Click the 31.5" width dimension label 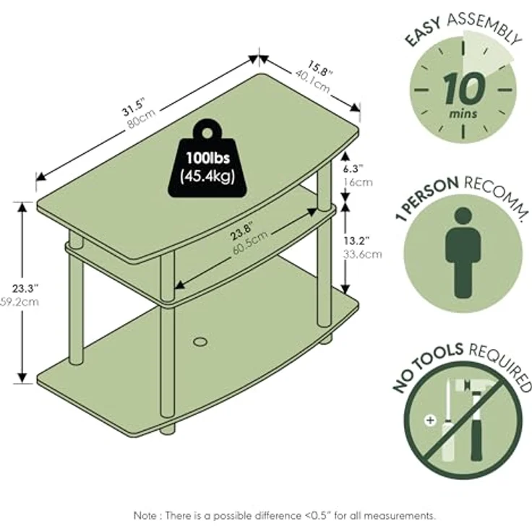click(134, 106)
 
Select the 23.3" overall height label click(25, 288)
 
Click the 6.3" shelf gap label click(353, 168)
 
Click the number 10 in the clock click(463, 89)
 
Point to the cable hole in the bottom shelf click(200, 341)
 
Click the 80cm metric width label click(142, 119)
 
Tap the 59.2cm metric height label click(20, 301)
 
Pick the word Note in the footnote click(145, 515)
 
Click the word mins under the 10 click(463, 113)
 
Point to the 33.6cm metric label click(362, 254)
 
